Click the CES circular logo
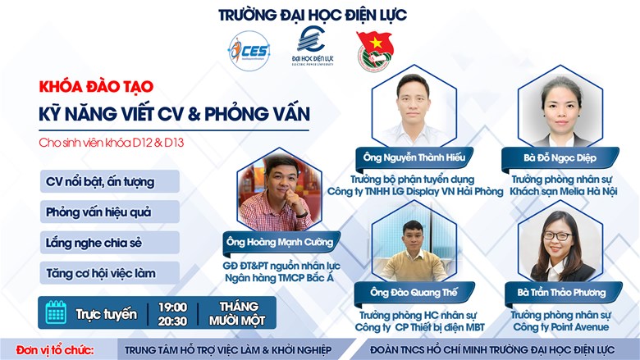(249, 51)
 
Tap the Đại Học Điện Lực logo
(313, 46)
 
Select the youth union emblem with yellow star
(375, 52)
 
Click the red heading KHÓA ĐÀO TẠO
(96, 86)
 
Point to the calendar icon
(56, 312)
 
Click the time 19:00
(172, 307)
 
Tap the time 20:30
(172, 321)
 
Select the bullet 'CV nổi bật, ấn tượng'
(110, 181)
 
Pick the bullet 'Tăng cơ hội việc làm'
(110, 273)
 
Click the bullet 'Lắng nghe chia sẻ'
(110, 243)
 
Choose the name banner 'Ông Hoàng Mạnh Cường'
(280, 243)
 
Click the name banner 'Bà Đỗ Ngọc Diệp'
(560, 158)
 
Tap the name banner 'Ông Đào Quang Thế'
(414, 293)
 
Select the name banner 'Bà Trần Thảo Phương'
(561, 293)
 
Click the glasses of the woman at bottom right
(557, 236)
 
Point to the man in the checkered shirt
(277, 196)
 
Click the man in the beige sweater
(413, 253)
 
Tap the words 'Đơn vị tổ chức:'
(55, 350)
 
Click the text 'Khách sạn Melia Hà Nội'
(563, 191)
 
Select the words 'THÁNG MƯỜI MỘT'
(237, 313)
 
